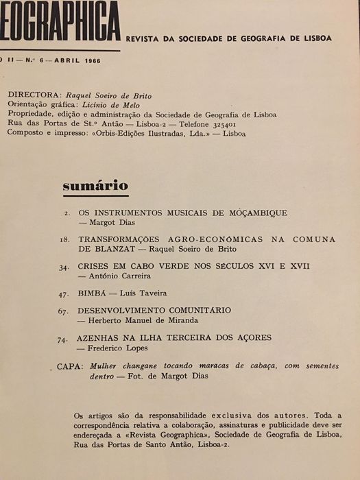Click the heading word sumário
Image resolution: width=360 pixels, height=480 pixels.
95,185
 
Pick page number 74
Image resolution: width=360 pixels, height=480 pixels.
63,338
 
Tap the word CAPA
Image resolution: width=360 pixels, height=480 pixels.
69,366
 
